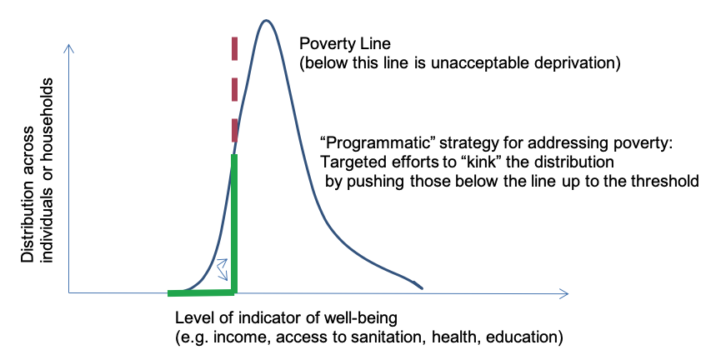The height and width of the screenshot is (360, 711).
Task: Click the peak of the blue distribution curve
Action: click(x=266, y=20)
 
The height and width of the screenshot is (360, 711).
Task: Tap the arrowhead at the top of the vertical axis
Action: click(x=70, y=47)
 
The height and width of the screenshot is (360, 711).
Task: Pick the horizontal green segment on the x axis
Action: click(x=201, y=292)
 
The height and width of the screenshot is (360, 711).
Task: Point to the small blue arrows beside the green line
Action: click(x=223, y=267)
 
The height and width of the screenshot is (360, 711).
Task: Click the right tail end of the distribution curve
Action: click(x=421, y=287)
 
